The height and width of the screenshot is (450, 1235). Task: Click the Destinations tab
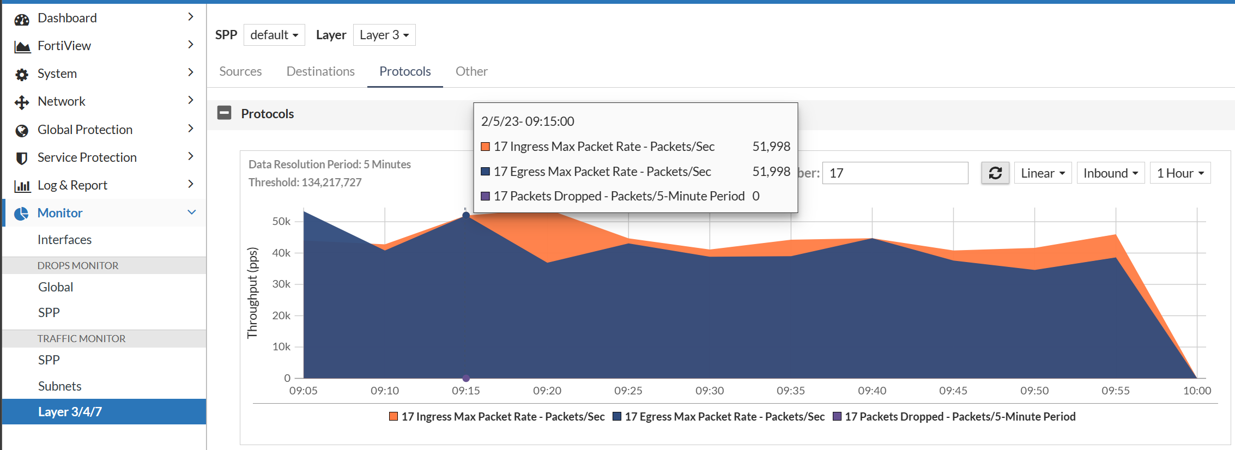click(320, 71)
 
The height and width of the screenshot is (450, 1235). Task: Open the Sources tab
click(240, 71)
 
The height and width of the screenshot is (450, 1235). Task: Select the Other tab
click(471, 71)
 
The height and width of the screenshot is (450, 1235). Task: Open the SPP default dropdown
click(274, 35)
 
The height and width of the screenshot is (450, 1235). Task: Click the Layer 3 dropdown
click(384, 35)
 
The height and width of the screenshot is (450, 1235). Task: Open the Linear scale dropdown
click(1043, 173)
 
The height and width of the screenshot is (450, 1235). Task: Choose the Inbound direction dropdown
click(1110, 173)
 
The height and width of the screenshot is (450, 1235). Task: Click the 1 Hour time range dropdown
click(1180, 173)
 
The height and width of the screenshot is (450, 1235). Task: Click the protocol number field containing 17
click(895, 173)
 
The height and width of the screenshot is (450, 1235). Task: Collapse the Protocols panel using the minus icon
click(224, 113)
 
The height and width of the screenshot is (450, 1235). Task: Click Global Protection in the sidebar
click(85, 130)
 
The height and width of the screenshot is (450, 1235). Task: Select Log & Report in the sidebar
click(72, 185)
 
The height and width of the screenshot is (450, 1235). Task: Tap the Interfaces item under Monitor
click(64, 240)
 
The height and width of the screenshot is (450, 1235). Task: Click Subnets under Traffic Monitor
click(59, 386)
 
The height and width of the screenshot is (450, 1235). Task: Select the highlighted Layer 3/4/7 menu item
click(70, 412)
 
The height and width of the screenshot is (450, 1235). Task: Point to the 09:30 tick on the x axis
click(710, 391)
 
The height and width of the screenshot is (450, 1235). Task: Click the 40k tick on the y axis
click(281, 253)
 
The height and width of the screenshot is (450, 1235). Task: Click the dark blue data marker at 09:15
click(466, 215)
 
